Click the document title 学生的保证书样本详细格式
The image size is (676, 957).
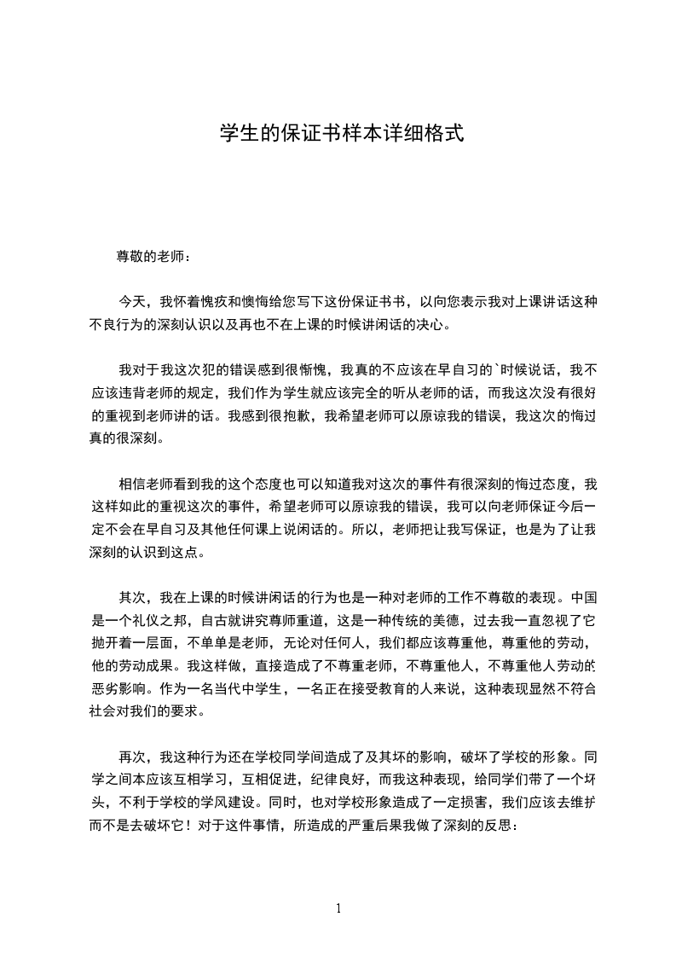click(x=341, y=133)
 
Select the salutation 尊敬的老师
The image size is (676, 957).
click(x=147, y=255)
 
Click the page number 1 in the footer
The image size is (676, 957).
click(x=338, y=908)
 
